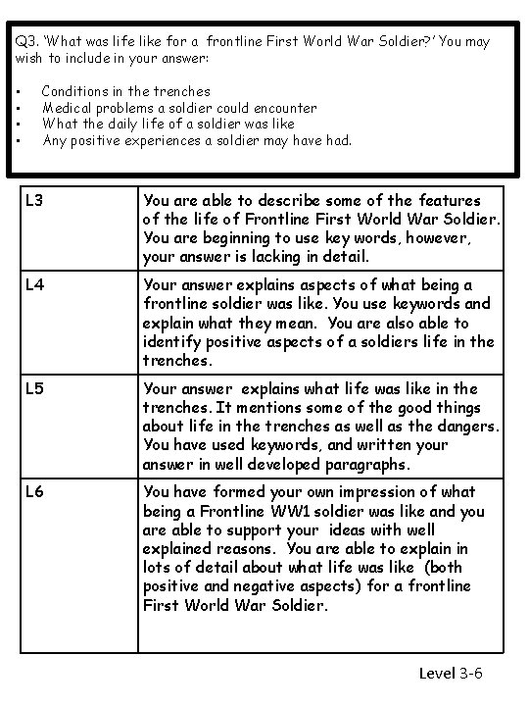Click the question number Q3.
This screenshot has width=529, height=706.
(x=26, y=42)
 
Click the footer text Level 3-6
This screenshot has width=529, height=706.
(x=451, y=673)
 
